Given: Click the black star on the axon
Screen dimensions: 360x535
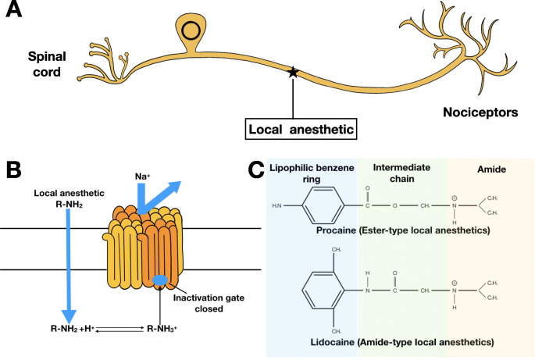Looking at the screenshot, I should pyautogui.click(x=293, y=72).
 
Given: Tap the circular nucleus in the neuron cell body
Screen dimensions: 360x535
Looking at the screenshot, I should pyautogui.click(x=191, y=31).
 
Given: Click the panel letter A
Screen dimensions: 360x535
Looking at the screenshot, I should pyautogui.click(x=16, y=13).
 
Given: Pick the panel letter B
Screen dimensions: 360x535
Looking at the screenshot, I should pyautogui.click(x=14, y=170).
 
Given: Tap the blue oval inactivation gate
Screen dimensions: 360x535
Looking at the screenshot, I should pyautogui.click(x=160, y=280).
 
